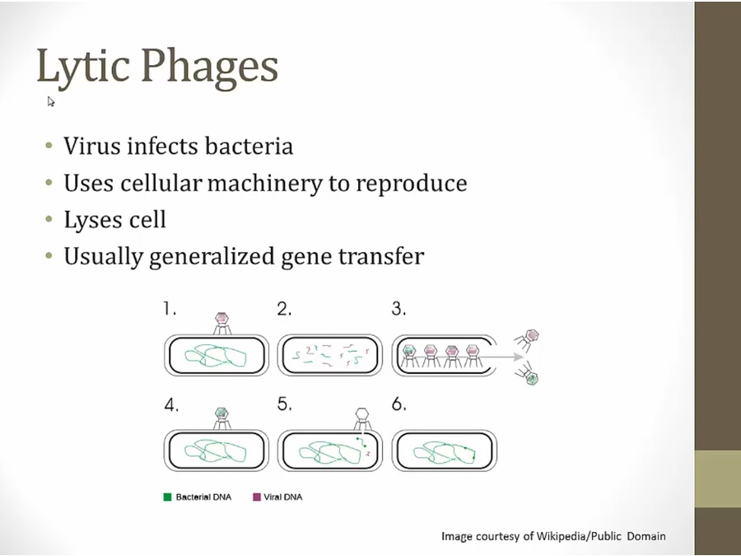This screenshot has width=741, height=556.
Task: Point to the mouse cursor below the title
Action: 51,101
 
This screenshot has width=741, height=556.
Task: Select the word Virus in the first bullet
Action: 91,146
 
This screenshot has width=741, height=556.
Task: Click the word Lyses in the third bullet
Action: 91,221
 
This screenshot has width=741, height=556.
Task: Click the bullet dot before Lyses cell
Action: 49,219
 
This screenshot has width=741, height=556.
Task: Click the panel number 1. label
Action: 170,309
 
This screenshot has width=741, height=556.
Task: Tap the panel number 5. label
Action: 285,404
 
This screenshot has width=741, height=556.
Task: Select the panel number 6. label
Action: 399,404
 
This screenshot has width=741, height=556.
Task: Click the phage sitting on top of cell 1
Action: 222,324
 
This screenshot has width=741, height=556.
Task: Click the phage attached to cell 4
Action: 221,419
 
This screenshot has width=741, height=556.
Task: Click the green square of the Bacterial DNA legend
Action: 167,497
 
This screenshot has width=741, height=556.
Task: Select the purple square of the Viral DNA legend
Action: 257,497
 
